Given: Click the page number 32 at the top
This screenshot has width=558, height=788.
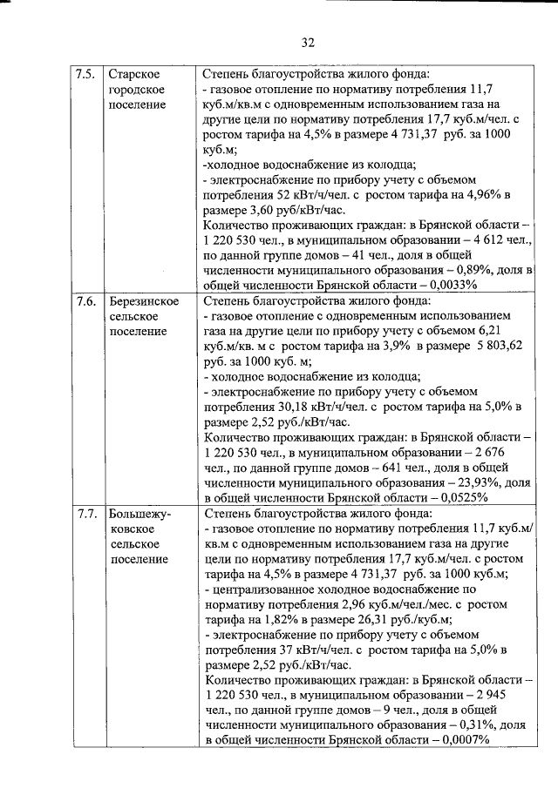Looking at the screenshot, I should [x=307, y=42].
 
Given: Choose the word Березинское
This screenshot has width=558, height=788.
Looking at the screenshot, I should [x=144, y=301].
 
